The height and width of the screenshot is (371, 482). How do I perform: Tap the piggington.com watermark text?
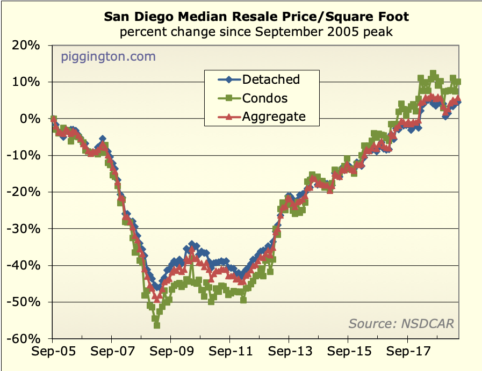(108, 56)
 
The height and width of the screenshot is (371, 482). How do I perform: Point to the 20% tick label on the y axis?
(27, 46)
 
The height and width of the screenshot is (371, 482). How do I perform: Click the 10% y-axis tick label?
(27, 82)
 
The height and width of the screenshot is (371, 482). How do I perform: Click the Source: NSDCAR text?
(401, 323)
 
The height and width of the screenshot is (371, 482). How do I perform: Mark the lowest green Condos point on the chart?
(157, 325)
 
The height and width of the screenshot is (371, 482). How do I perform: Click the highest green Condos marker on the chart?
(433, 74)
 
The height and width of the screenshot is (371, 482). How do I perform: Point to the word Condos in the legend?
(264, 98)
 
